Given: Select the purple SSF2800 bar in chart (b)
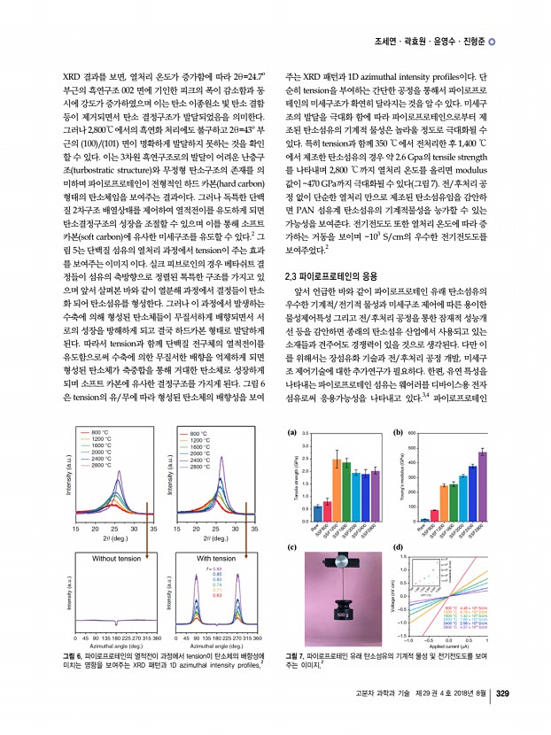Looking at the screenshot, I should (482, 485).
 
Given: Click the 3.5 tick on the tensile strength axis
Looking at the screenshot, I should (305, 434).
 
